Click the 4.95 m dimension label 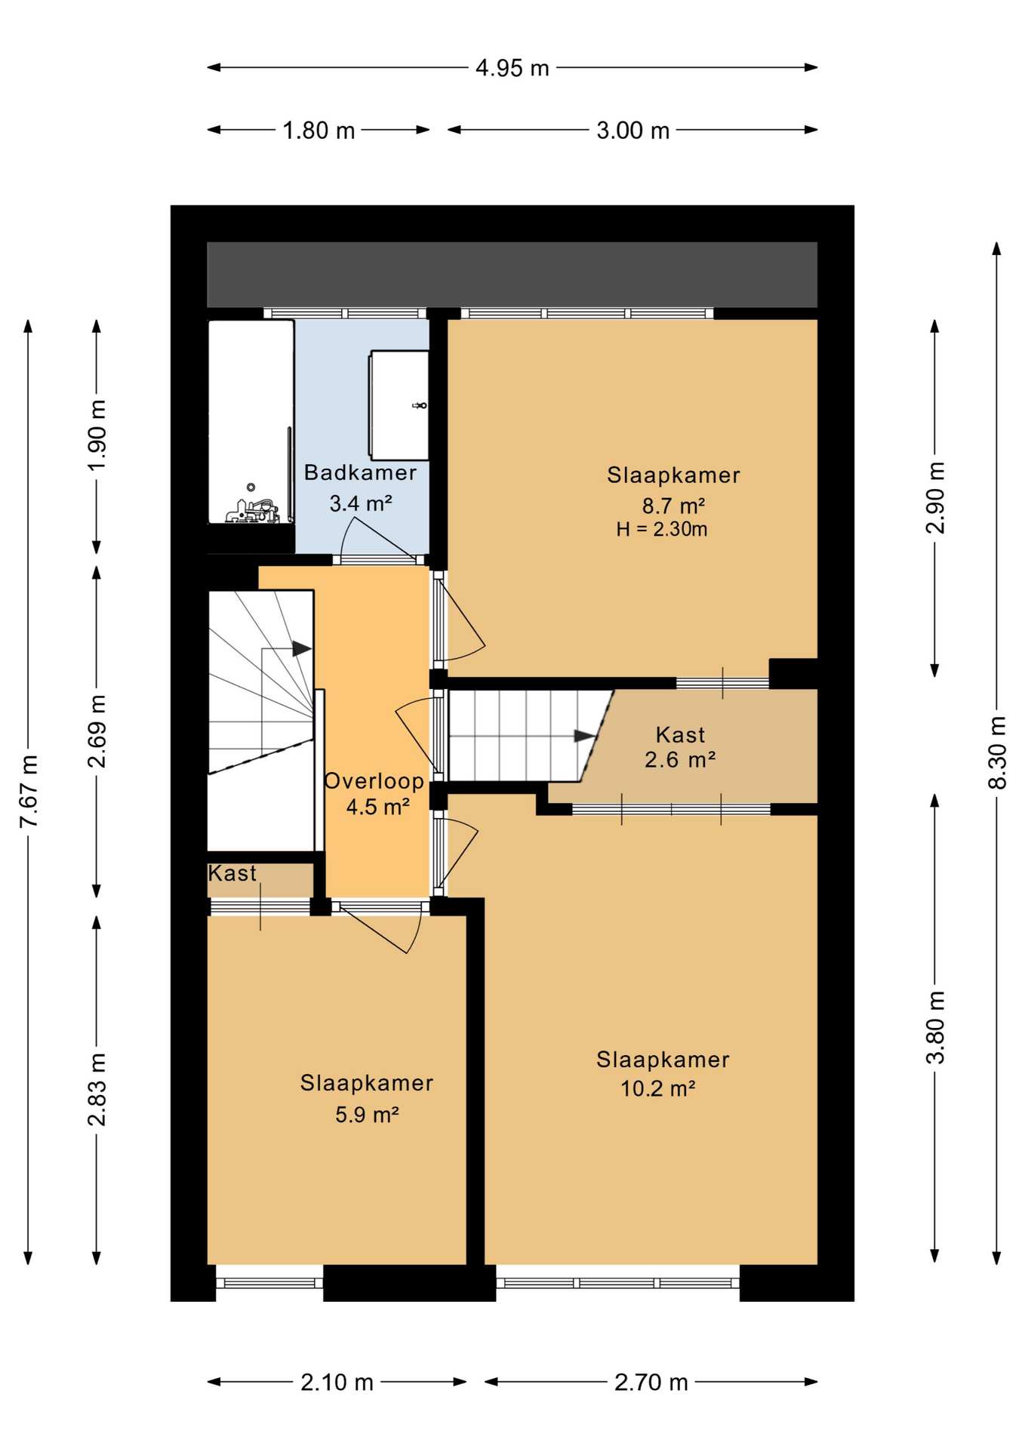tap(512, 68)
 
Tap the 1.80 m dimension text tap(318, 131)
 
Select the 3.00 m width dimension tap(633, 131)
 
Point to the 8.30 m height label tap(998, 752)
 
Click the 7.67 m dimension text tap(29, 790)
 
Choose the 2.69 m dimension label tap(97, 731)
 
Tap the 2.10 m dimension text tap(337, 1382)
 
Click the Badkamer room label tap(360, 472)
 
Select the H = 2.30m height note tap(661, 529)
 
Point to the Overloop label tap(374, 780)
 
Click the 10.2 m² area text tap(657, 1088)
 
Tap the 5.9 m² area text tap(367, 1114)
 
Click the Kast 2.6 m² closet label tap(680, 746)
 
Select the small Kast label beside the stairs tap(232, 873)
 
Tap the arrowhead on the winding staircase tap(302, 648)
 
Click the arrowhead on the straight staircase tap(585, 736)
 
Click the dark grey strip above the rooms tap(512, 274)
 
